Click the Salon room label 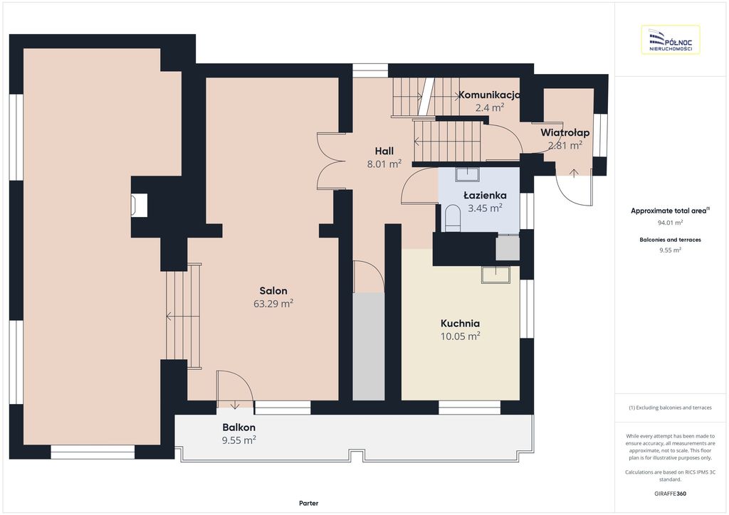click(x=273, y=291)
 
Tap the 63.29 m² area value click(x=273, y=304)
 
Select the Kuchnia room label click(x=461, y=323)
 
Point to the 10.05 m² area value click(x=461, y=336)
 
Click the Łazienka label click(x=485, y=196)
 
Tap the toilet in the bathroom click(x=452, y=218)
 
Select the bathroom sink click(x=467, y=174)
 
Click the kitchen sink click(x=495, y=275)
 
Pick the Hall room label click(x=384, y=151)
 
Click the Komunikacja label click(x=489, y=95)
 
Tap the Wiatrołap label click(x=565, y=133)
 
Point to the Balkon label click(x=239, y=428)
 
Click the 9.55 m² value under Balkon click(x=239, y=440)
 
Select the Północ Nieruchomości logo click(x=671, y=40)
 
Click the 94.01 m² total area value click(x=670, y=223)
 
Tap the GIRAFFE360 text click(x=670, y=494)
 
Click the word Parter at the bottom click(x=309, y=503)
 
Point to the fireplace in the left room click(x=139, y=205)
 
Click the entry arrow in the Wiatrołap click(x=575, y=174)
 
